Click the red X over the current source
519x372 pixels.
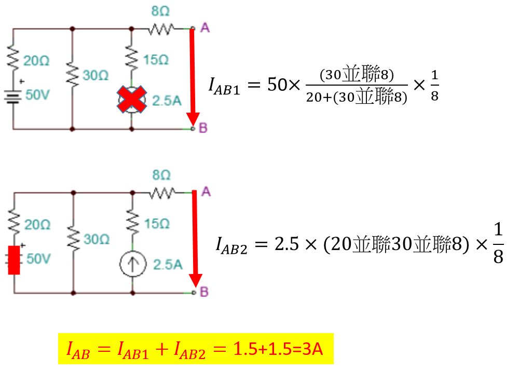pos(132,100)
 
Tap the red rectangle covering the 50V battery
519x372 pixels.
pos(14,259)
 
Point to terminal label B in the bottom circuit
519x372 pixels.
pos(204,293)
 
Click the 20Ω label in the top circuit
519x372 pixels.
pos(37,61)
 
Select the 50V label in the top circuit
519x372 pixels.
pos(37,96)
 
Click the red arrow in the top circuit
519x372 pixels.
pos(193,78)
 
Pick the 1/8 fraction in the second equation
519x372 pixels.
pos(497,244)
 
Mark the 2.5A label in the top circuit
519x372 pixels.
pos(167,100)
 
